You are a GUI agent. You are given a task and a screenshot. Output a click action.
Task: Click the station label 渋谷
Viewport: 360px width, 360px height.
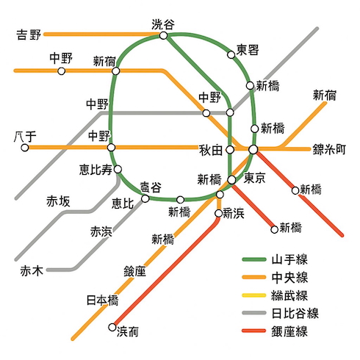point(163,23)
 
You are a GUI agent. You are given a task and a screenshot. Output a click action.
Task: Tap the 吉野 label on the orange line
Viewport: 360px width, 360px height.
point(29,34)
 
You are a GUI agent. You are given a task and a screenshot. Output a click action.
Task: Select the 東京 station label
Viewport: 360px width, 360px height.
point(254,177)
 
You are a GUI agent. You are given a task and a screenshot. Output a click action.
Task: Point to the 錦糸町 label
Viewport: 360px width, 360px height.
point(329,148)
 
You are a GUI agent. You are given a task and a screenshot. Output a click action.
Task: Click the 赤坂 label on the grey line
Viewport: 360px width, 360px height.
point(59,201)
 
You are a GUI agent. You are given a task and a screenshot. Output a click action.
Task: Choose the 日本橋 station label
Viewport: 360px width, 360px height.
point(102,300)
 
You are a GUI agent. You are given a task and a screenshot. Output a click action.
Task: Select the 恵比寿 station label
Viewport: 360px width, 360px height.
point(96,170)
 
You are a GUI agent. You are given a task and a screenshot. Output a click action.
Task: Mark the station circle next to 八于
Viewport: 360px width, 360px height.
point(25,148)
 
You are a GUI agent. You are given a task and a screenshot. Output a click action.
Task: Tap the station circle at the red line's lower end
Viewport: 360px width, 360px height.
point(112,328)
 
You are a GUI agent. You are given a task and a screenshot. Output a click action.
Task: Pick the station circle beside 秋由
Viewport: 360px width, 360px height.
point(230,149)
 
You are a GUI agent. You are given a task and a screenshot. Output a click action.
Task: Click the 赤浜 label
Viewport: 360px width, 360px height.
point(101,231)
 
